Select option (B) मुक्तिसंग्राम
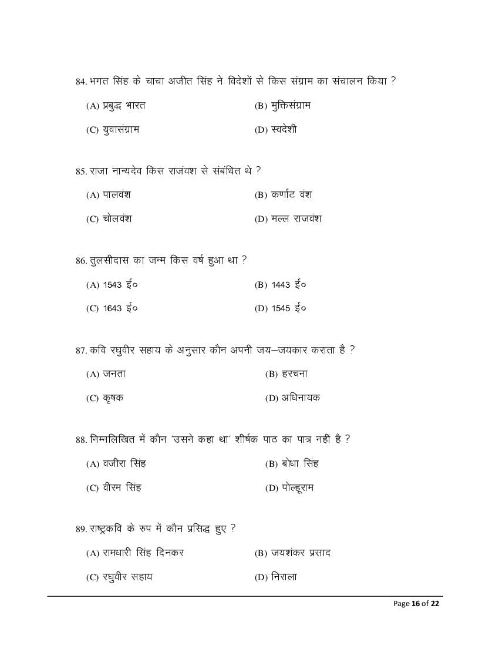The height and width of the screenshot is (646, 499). point(282,106)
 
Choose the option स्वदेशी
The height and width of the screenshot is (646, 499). point(275,130)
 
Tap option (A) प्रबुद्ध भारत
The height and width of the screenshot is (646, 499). point(116,106)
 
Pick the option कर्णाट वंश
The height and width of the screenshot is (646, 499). point(283,195)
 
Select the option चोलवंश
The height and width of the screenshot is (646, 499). point(109,219)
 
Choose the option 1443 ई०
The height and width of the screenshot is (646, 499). point(280,285)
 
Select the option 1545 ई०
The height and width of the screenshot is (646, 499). point(280,308)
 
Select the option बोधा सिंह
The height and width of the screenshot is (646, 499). point(291,464)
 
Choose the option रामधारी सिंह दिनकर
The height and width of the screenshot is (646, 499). point(134,553)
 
